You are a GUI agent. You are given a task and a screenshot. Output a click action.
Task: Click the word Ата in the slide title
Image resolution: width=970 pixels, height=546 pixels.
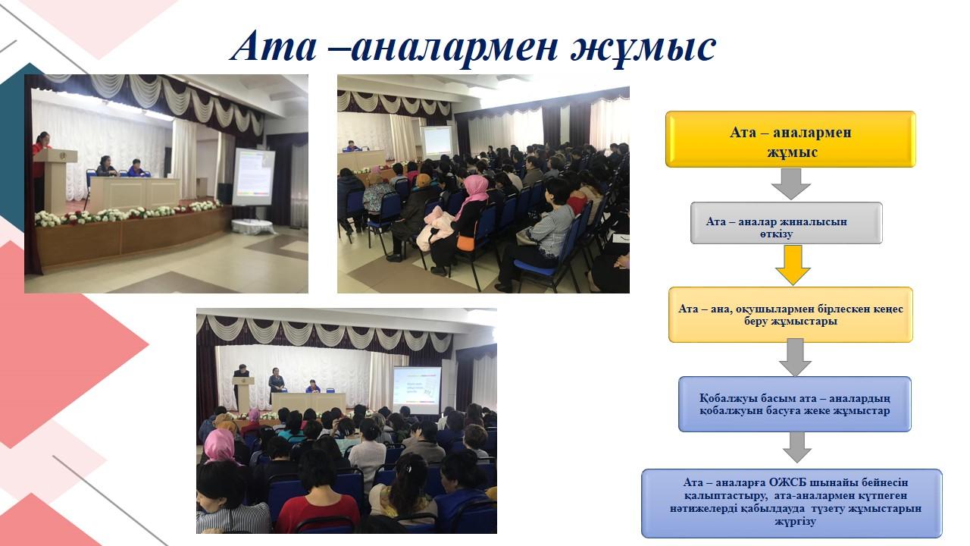tap(274, 46)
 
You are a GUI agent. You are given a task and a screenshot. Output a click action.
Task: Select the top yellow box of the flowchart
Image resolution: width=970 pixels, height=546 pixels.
tap(790, 139)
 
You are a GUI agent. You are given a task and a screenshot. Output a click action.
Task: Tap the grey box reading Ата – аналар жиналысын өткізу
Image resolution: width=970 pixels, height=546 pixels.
tap(786, 223)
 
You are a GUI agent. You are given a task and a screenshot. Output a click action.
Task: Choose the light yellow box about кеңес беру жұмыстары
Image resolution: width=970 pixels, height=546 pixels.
tap(790, 315)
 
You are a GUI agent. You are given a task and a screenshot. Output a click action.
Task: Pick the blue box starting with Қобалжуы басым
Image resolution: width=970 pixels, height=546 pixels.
tap(795, 404)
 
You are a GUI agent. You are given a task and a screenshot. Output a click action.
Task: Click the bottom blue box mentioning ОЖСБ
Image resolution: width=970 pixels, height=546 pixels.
tap(792, 504)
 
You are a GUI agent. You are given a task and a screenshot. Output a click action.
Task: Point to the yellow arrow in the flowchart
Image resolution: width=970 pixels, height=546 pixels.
tap(793, 265)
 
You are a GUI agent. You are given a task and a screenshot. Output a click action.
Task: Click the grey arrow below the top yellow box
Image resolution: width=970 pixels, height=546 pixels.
tap(790, 184)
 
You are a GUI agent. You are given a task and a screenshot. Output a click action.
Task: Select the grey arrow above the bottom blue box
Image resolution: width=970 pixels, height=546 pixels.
tap(796, 447)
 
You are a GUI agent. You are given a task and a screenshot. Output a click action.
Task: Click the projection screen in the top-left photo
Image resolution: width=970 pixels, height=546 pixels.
tap(254, 177)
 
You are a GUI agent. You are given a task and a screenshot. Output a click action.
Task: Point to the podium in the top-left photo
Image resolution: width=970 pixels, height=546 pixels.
tap(55, 180)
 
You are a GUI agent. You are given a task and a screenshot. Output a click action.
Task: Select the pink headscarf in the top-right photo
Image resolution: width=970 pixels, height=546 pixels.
tap(474, 193)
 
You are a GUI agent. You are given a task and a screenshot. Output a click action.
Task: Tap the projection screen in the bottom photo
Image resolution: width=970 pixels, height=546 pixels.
tap(417, 391)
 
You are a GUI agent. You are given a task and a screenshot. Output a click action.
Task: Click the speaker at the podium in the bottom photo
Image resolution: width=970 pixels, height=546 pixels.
tap(242, 379)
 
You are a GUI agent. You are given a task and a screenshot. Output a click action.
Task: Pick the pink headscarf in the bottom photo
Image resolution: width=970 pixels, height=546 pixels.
tap(220, 447)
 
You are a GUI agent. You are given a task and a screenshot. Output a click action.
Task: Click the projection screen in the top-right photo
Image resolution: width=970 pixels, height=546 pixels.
tap(437, 141)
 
